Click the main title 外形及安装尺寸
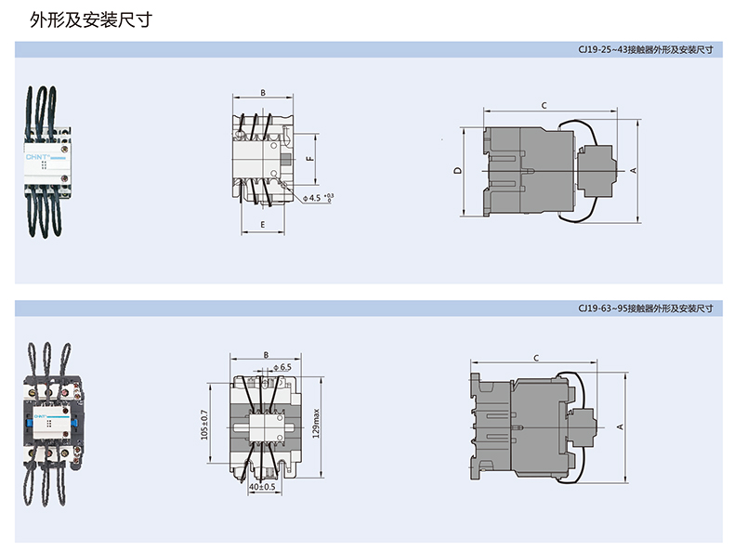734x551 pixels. click(x=91, y=20)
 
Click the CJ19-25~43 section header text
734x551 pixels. click(x=646, y=49)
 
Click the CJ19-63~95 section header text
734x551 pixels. click(x=646, y=308)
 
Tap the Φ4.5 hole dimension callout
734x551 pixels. click(x=319, y=198)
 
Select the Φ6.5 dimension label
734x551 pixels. click(x=282, y=367)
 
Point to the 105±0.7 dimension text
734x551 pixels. click(x=204, y=425)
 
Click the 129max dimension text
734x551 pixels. click(x=316, y=423)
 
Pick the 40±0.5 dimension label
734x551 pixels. click(x=262, y=487)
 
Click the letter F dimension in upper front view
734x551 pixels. click(x=309, y=159)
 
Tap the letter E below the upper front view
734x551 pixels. click(x=263, y=225)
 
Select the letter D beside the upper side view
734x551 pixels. click(x=458, y=170)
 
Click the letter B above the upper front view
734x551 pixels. click(x=263, y=93)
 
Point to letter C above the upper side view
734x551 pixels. click(x=544, y=105)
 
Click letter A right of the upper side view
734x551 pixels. click(x=634, y=170)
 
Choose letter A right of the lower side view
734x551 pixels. click(x=620, y=426)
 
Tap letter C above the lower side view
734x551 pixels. click(x=536, y=358)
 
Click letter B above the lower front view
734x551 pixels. click(x=266, y=355)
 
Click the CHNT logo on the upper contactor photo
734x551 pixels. click(x=37, y=157)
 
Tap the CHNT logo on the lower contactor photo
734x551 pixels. click(x=40, y=415)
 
